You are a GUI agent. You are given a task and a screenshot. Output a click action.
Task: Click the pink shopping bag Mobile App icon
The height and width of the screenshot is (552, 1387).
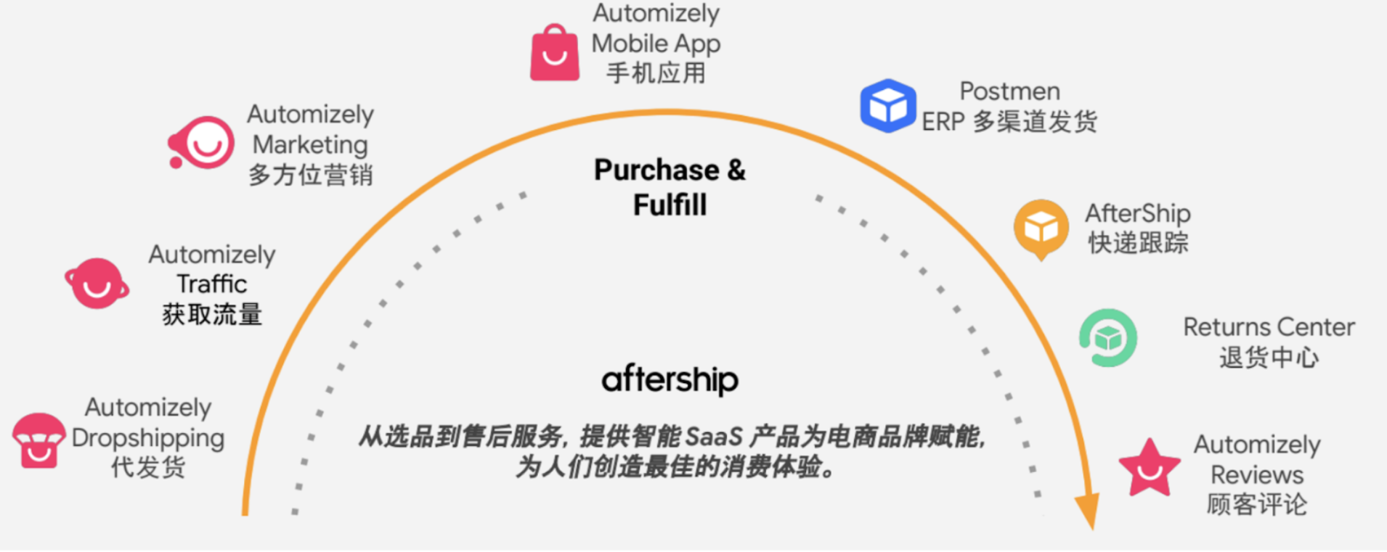pyautogui.click(x=555, y=54)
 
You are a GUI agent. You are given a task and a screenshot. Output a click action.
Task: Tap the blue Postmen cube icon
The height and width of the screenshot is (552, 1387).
pyautogui.click(x=887, y=106)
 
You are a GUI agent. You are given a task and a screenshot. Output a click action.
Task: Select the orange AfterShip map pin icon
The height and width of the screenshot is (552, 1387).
pyautogui.click(x=1041, y=228)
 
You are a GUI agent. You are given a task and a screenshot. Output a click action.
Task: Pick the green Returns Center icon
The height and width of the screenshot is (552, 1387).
pyautogui.click(x=1108, y=338)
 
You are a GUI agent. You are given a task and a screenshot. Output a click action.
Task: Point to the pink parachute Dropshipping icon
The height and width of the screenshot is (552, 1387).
pyautogui.click(x=38, y=440)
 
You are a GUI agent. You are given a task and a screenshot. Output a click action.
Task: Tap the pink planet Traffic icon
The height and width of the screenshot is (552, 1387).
pyautogui.click(x=97, y=284)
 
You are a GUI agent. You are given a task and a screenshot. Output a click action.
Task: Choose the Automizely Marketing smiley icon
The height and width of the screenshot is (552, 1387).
pyautogui.click(x=203, y=143)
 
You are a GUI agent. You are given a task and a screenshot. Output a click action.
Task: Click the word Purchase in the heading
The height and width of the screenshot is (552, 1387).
pyautogui.click(x=656, y=170)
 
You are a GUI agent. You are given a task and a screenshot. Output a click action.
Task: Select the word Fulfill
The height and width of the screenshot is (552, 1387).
pyautogui.click(x=670, y=205)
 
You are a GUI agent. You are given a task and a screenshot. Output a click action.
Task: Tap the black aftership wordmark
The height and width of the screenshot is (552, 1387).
pyautogui.click(x=670, y=379)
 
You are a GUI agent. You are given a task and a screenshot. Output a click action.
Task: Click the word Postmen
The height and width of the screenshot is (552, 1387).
pyautogui.click(x=1009, y=91)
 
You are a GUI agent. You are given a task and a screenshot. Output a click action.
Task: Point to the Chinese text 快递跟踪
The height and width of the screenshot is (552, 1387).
pyautogui.click(x=1138, y=243)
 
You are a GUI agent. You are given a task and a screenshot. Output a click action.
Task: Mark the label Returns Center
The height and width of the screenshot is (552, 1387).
pyautogui.click(x=1269, y=327)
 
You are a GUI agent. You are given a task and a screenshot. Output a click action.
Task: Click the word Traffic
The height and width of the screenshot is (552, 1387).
pyautogui.click(x=212, y=284)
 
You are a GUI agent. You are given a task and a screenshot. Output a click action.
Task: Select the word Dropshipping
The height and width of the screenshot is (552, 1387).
pyautogui.click(x=148, y=438)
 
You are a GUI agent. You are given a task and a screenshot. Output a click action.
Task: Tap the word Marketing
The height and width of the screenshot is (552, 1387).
pyautogui.click(x=310, y=144)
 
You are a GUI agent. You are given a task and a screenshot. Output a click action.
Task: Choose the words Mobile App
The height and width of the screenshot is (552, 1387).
pyautogui.click(x=656, y=44)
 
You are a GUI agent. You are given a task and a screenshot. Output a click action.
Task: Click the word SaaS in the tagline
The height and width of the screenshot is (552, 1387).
pyautogui.click(x=713, y=437)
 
